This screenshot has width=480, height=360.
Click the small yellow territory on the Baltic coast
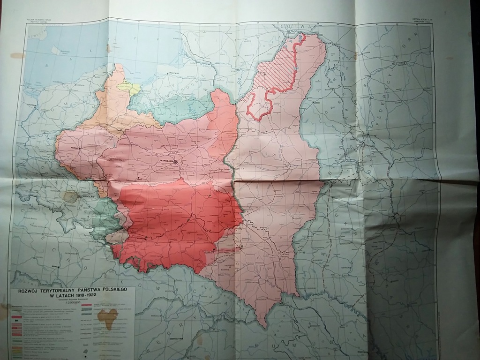(x=126, y=86)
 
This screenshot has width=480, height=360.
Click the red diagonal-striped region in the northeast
(x=277, y=70)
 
